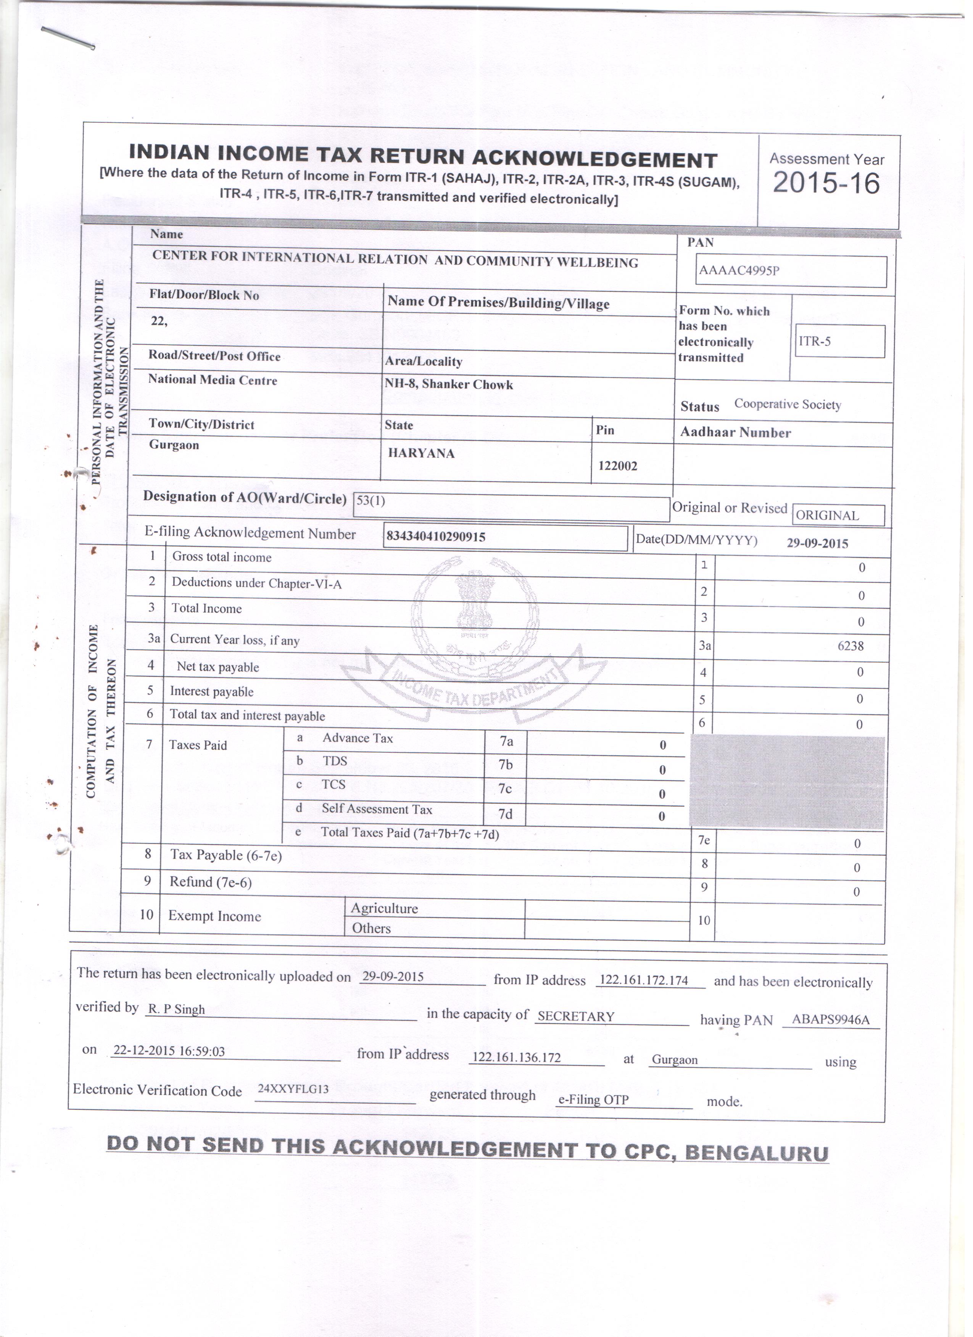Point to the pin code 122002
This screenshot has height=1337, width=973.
click(622, 469)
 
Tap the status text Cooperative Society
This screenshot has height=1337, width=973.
click(793, 407)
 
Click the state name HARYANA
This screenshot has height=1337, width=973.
click(425, 457)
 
